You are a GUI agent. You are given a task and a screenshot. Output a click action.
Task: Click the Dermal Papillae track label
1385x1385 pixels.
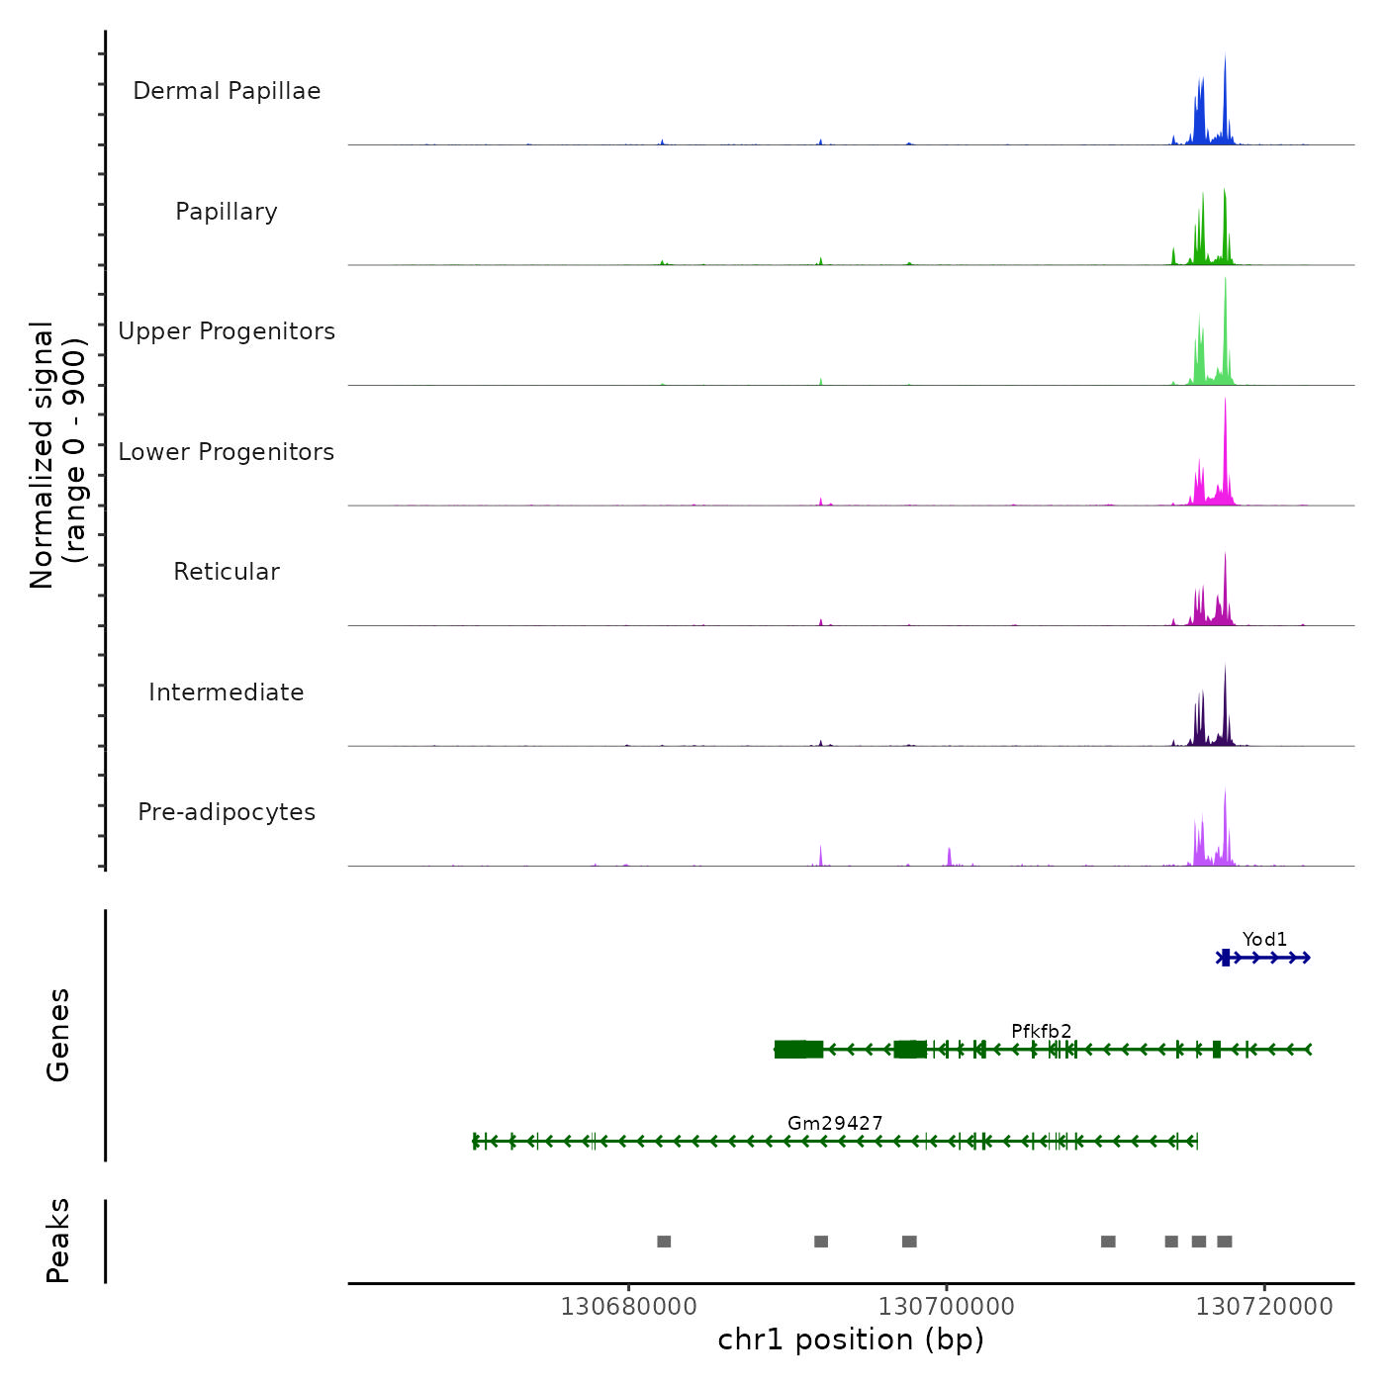click(227, 91)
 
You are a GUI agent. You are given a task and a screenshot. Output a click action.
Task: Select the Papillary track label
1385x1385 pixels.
click(227, 212)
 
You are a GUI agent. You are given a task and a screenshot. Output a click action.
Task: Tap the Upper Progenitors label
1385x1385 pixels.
click(227, 331)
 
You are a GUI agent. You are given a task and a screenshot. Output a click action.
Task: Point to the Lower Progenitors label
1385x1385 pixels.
click(227, 452)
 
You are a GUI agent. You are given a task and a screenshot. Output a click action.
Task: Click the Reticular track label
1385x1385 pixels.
click(227, 572)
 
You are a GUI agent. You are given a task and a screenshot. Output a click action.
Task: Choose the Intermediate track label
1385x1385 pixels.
click(227, 692)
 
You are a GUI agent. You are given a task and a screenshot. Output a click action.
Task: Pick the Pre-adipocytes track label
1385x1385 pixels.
click(227, 812)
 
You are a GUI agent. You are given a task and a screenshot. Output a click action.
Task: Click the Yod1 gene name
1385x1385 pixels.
click(1264, 939)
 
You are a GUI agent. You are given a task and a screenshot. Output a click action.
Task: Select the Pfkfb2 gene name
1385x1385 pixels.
click(1041, 1031)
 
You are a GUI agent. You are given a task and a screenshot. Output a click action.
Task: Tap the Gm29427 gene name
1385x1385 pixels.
click(835, 1123)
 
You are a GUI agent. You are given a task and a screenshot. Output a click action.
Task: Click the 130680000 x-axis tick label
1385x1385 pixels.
click(628, 1307)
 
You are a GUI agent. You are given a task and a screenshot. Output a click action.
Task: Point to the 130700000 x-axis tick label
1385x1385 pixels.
click(947, 1307)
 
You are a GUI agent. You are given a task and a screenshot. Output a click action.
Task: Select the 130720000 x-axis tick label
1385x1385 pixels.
click(1264, 1307)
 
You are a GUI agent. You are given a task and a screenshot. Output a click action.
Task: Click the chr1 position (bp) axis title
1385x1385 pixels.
click(851, 1339)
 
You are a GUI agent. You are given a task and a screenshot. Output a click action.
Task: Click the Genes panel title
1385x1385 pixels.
click(58, 1035)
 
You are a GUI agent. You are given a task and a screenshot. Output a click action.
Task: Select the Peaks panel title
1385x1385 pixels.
click(58, 1241)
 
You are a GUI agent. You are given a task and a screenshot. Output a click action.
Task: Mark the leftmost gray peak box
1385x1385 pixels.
click(664, 1242)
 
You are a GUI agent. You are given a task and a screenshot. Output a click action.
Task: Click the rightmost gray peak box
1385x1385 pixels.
click(1225, 1242)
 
